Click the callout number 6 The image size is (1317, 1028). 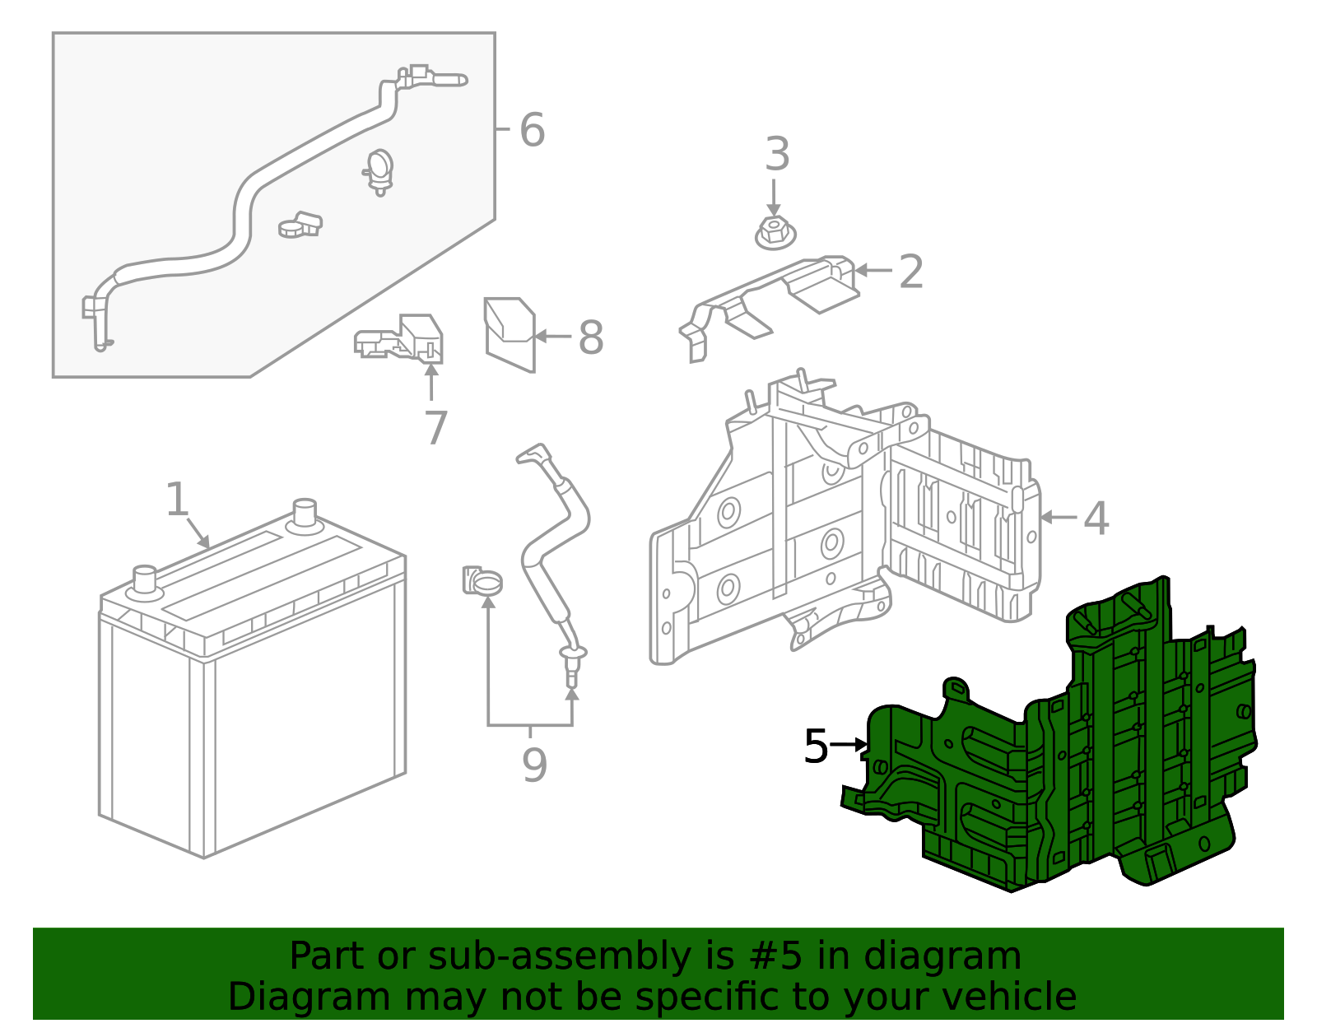532,130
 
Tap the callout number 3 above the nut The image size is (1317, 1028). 777,155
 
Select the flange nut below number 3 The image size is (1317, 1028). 775,234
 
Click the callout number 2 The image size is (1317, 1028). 910,271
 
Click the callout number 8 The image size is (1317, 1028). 591,337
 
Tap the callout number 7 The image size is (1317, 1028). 435,428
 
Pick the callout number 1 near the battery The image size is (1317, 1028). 177,500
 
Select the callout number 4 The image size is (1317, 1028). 1096,518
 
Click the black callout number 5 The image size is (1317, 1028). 815,747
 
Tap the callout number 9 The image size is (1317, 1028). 534,765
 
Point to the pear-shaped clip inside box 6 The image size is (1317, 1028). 379,170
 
